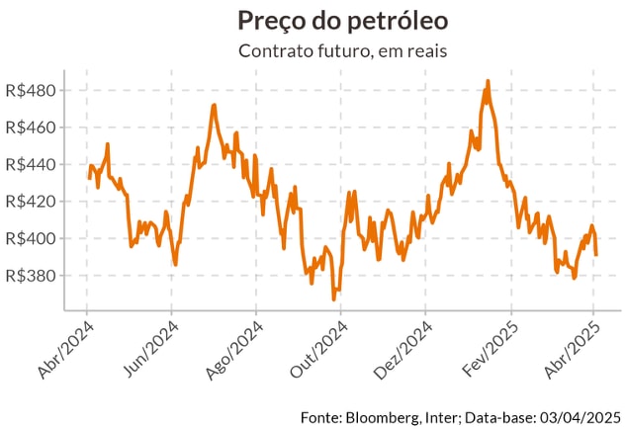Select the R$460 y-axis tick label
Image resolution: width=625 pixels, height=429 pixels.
[31, 128]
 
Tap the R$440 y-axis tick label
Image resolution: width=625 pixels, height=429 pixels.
[31, 164]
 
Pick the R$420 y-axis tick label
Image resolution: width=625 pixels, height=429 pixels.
[31, 202]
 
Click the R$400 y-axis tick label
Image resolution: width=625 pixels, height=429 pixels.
[31, 238]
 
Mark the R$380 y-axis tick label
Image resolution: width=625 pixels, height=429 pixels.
[31, 276]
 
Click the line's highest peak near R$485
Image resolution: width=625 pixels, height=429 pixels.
[488, 81]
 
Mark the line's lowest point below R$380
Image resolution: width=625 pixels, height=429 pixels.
[334, 299]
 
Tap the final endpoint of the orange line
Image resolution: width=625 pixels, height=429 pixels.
[596, 255]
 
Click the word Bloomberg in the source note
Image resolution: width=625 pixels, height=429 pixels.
[381, 415]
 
